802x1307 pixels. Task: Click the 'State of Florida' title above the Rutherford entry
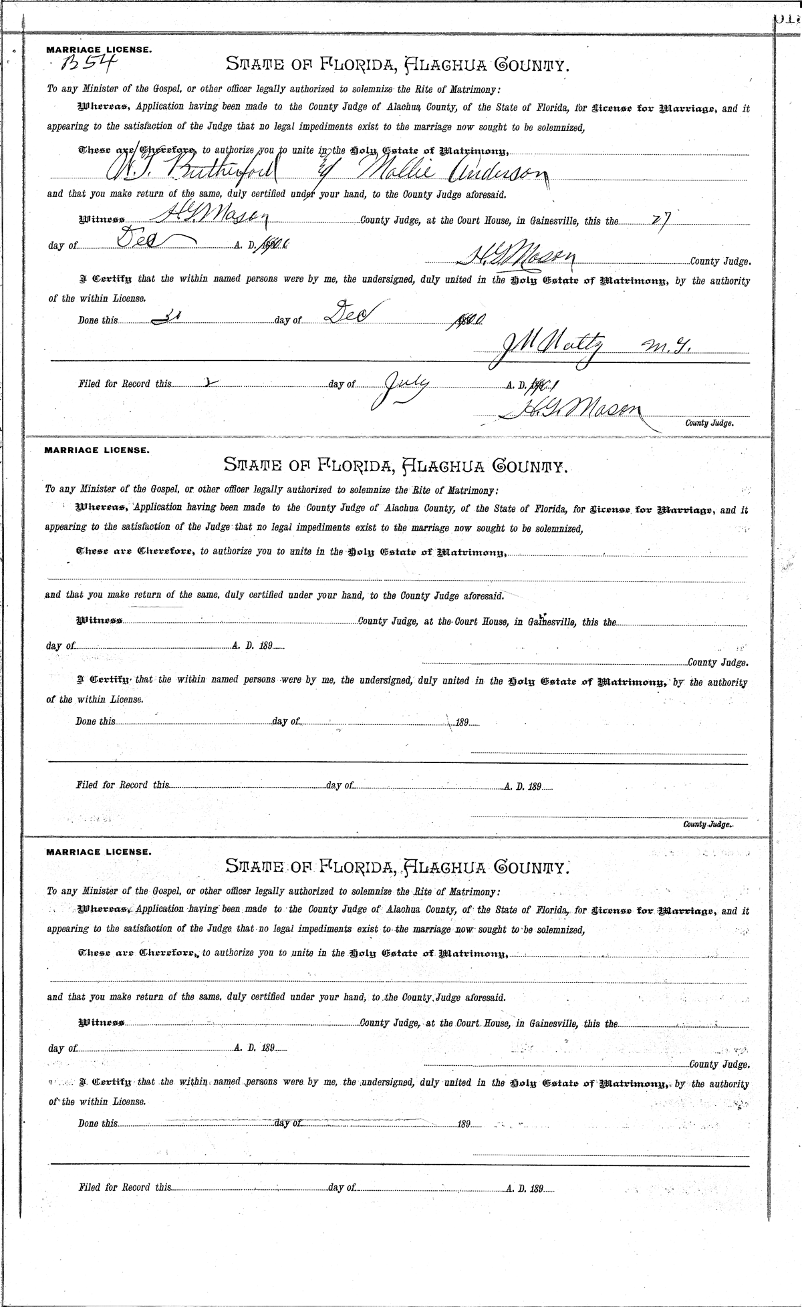point(397,64)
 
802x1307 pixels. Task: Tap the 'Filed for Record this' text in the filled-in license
point(124,384)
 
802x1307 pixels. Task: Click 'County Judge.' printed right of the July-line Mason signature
point(709,423)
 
